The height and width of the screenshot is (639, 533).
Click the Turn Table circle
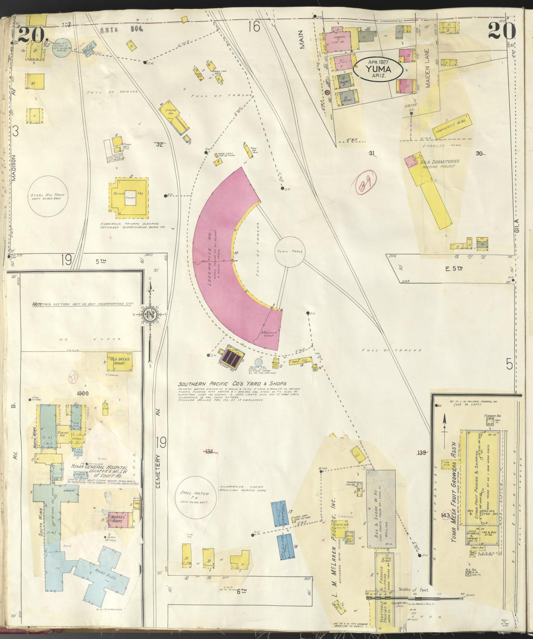coord(290,252)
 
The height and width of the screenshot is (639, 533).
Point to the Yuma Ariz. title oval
coord(378,68)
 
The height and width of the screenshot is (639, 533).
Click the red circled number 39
coord(366,183)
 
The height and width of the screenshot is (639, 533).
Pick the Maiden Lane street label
coord(428,68)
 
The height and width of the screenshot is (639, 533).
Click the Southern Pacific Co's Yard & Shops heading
coord(232,384)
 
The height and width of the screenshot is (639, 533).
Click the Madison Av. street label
coord(14,167)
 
